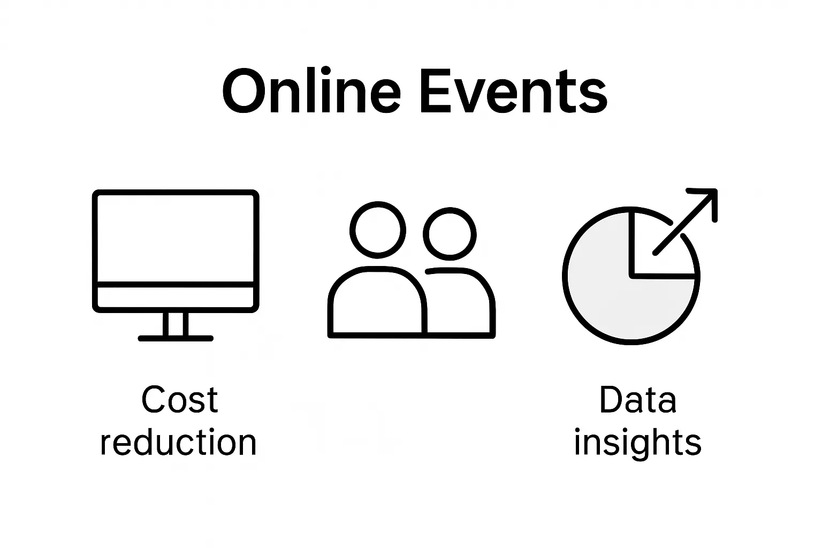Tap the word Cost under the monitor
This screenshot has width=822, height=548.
[x=180, y=400]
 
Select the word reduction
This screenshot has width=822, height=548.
[x=179, y=443]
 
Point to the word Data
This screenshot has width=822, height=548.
[x=637, y=400]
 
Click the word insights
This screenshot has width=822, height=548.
[x=637, y=443]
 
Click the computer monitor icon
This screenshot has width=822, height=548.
[x=176, y=241]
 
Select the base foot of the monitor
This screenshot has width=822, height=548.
[x=176, y=338]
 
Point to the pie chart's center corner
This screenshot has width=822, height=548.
[x=633, y=276]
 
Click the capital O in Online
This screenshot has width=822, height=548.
[x=242, y=92]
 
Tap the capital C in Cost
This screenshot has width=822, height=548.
[x=153, y=400]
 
